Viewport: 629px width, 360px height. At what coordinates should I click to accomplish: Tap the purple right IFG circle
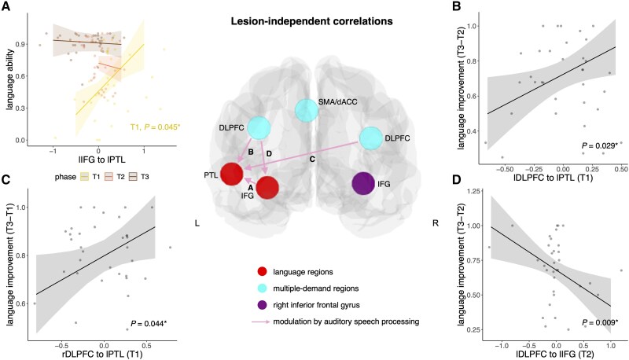coord(363,186)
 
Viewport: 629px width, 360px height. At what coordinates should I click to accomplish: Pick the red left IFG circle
coord(268,189)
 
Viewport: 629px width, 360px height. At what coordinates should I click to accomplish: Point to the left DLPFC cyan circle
coord(259,127)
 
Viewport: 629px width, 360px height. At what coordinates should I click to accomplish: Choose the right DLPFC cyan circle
coord(373,140)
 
